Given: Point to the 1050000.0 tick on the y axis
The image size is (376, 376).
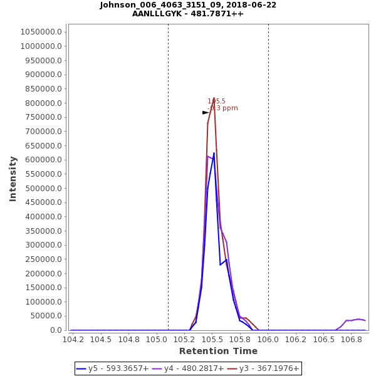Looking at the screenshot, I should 41,32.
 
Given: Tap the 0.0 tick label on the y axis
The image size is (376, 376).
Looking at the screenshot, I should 55,330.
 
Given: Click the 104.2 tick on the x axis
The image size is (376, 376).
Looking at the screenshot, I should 74,340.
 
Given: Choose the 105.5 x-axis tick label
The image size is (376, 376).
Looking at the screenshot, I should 213,340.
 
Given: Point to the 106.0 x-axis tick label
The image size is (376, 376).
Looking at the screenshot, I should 268,340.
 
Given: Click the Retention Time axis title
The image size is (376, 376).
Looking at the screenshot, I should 218,351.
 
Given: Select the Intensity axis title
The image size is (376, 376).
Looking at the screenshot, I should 13,179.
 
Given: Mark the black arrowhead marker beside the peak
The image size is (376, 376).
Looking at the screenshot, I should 205,113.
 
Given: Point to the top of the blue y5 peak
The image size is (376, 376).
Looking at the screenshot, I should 214,153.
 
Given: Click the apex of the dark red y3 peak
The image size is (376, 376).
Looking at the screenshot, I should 214,98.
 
